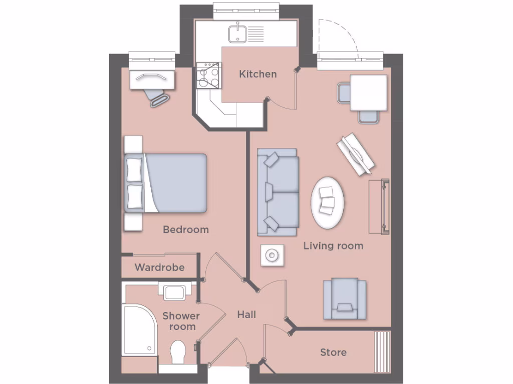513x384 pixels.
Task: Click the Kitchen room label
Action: coord(258,74)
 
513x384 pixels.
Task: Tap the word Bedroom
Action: coord(185,229)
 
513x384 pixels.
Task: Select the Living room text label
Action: coord(333,245)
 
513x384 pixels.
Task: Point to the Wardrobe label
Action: coord(159,267)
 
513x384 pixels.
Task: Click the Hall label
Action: coord(246,314)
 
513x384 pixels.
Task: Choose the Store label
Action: coord(333,352)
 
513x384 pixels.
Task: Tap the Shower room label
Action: coord(181,321)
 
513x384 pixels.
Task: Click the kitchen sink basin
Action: coord(237,34)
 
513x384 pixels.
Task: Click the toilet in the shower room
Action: coord(178,352)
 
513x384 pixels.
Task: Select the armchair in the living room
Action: coord(344,299)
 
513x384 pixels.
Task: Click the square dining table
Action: coord(368,93)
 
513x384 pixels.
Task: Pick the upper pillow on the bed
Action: coord(135,169)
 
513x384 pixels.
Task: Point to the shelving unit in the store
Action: coord(382,351)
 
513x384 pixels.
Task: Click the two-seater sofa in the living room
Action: coord(278,192)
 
